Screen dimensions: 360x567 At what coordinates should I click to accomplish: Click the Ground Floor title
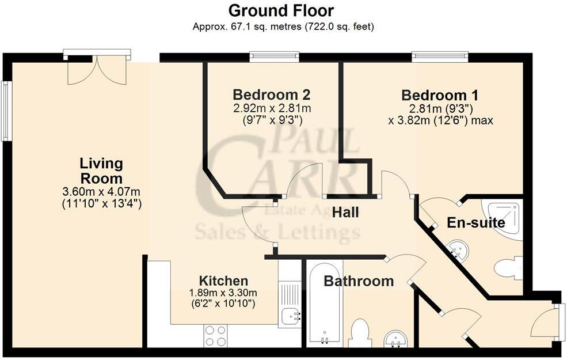tap(281, 10)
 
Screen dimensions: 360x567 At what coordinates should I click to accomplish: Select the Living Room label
tap(101, 170)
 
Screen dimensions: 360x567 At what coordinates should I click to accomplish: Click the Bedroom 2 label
tap(272, 94)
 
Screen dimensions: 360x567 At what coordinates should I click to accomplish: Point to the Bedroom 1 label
tap(440, 95)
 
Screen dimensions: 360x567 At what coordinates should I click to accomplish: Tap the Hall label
tap(345, 213)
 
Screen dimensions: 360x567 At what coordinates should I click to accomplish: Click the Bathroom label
tap(359, 281)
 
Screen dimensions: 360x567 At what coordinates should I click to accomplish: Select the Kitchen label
tap(223, 281)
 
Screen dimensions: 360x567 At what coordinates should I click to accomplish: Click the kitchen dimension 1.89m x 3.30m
tap(223, 293)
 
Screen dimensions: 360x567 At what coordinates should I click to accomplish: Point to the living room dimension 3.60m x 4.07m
tap(101, 192)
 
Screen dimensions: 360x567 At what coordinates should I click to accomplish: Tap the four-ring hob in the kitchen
tap(215, 336)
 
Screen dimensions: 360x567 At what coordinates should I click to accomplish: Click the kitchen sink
tap(290, 315)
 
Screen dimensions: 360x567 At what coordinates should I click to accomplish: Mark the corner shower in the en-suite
tap(507, 219)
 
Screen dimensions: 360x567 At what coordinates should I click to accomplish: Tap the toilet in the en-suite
tap(508, 268)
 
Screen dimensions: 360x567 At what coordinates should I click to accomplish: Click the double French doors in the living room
tap(96, 69)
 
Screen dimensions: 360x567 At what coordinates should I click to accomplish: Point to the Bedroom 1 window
tap(440, 56)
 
